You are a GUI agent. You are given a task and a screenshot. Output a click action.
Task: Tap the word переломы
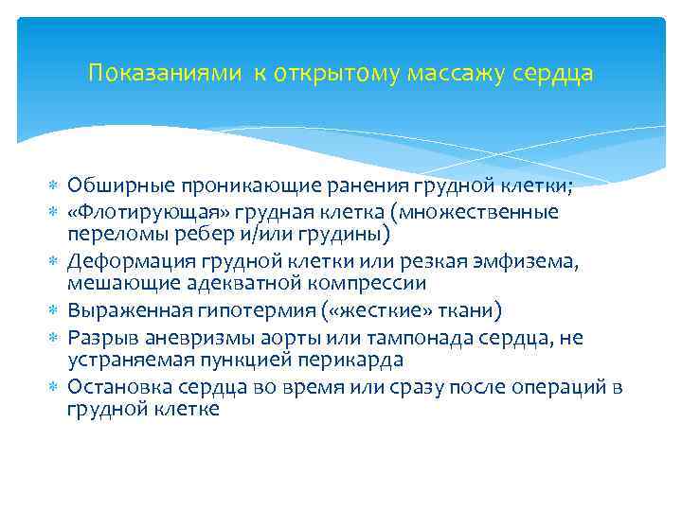[x=109, y=233]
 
